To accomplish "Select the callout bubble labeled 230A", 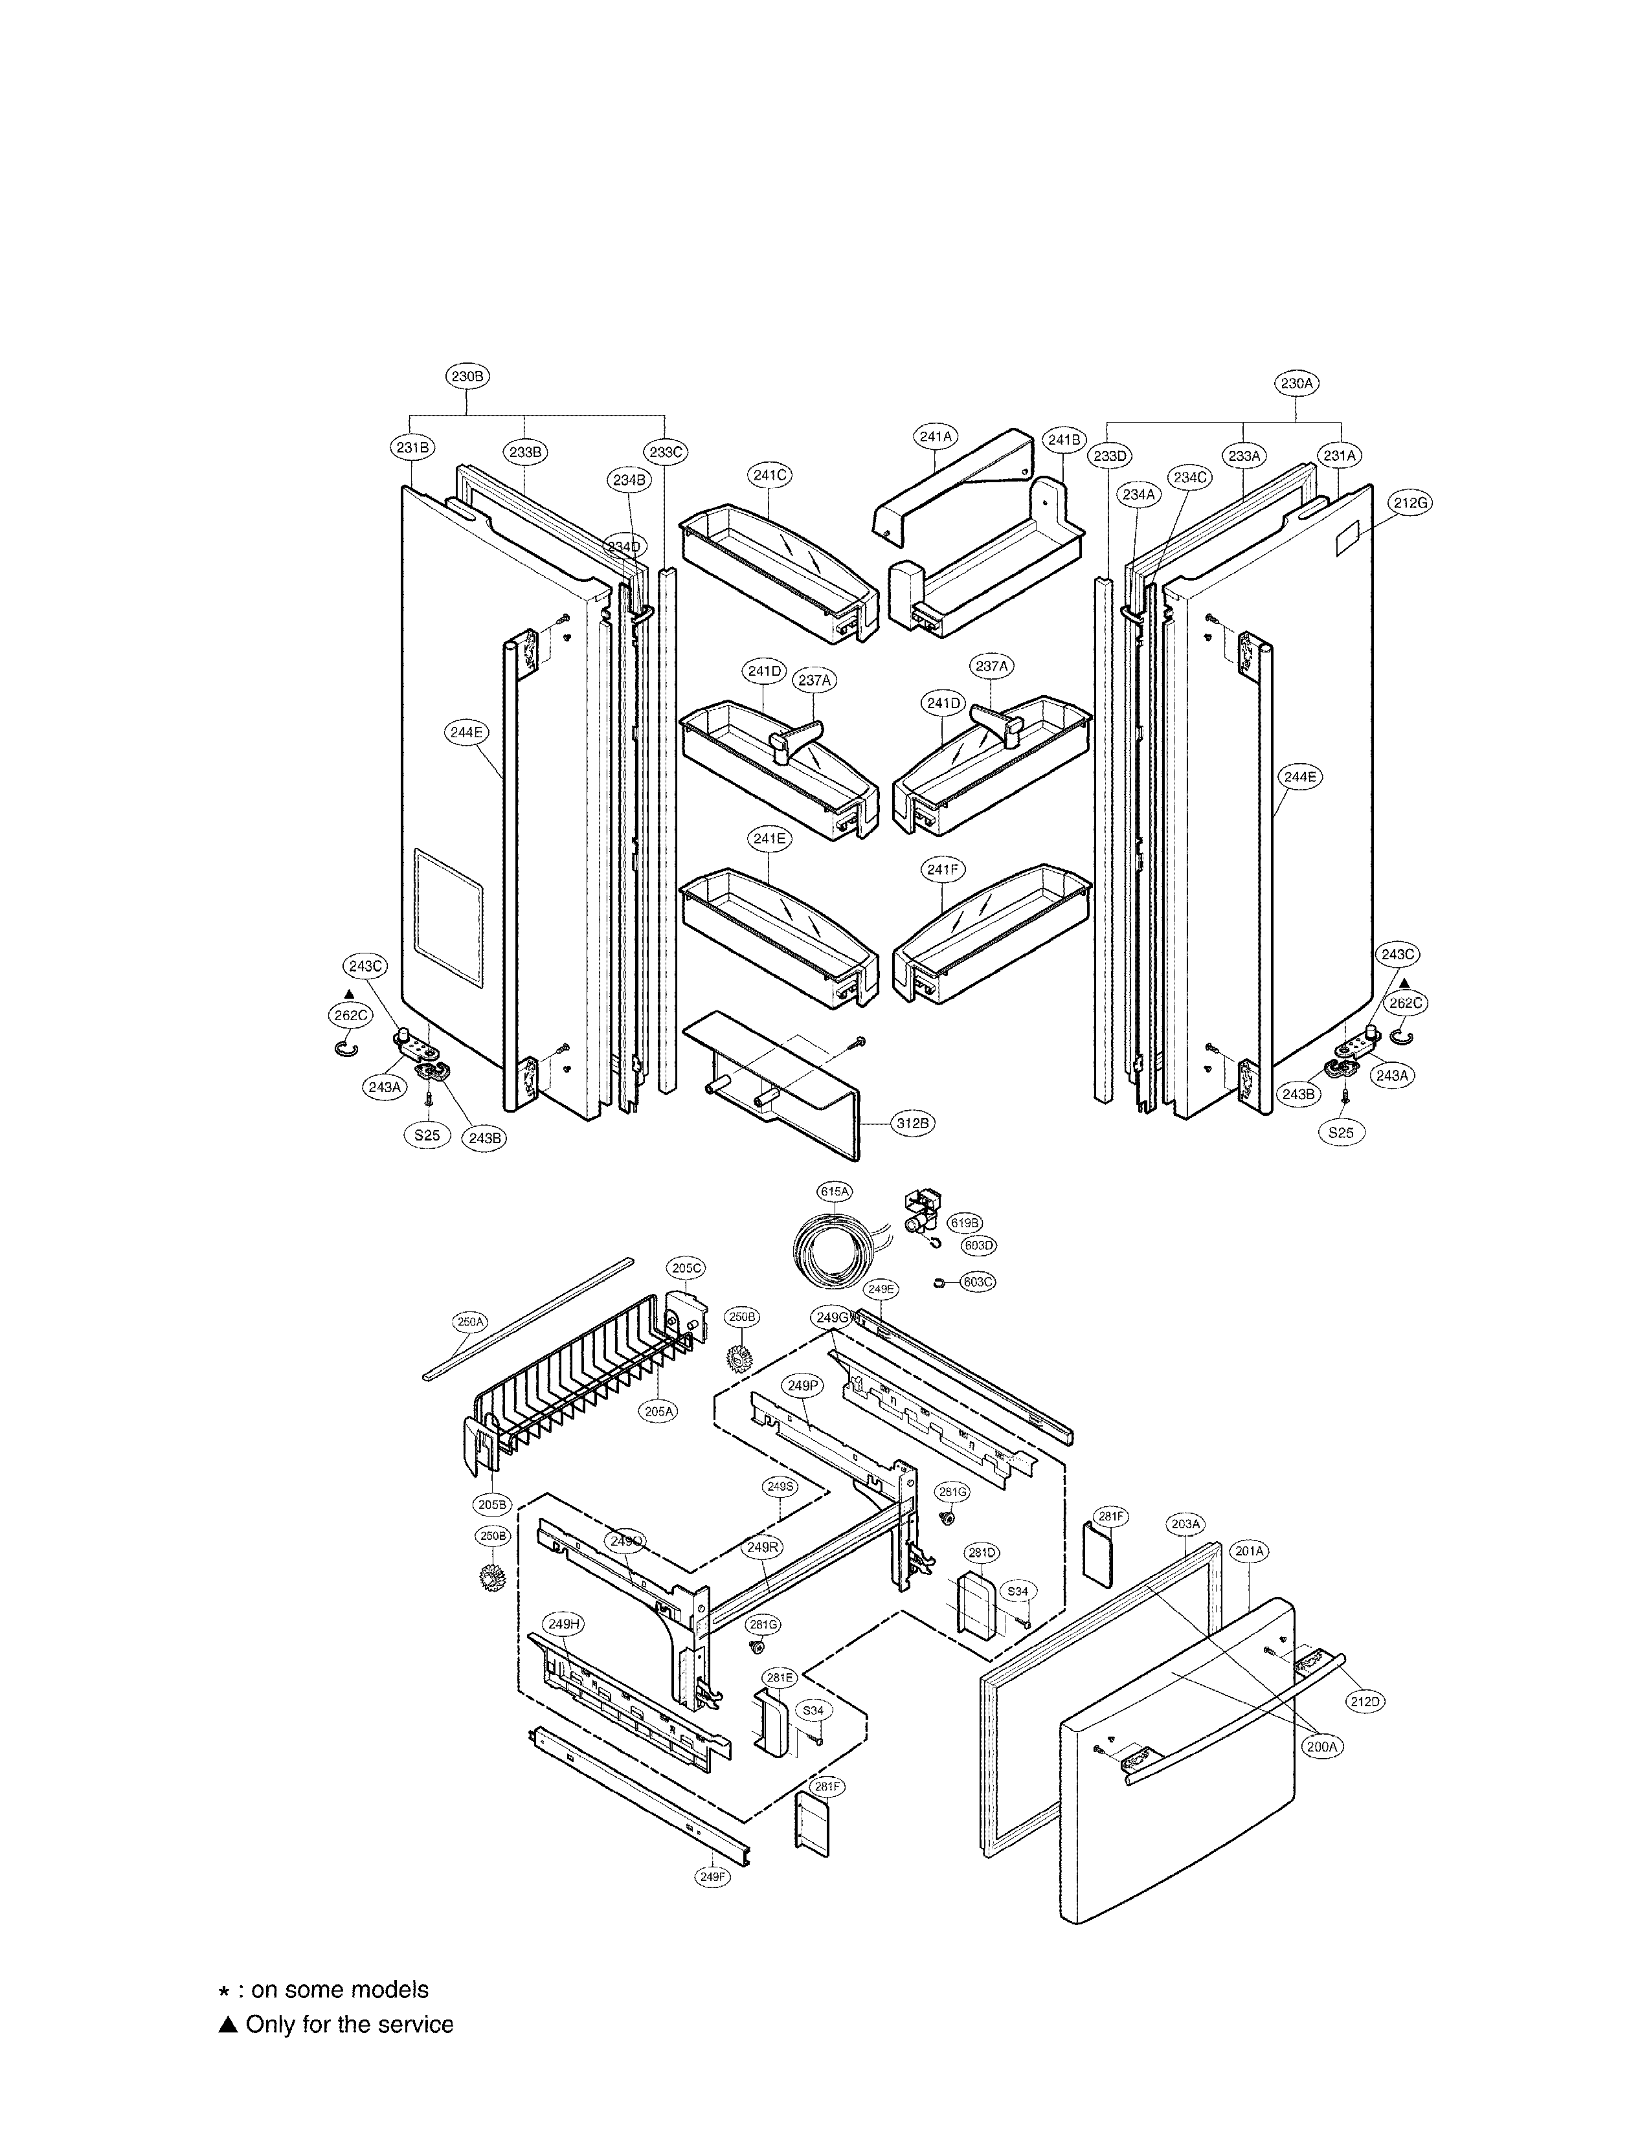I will [1296, 383].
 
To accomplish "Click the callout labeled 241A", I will [936, 436].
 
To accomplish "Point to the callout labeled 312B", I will [912, 1124].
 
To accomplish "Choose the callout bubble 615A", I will [835, 1191].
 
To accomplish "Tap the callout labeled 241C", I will [770, 475].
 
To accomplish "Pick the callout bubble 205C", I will [686, 1269].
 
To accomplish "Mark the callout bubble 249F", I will [712, 1877].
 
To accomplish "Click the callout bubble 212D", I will [1365, 1701].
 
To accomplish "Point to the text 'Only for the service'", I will [349, 2025].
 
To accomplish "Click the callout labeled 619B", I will [965, 1223].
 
